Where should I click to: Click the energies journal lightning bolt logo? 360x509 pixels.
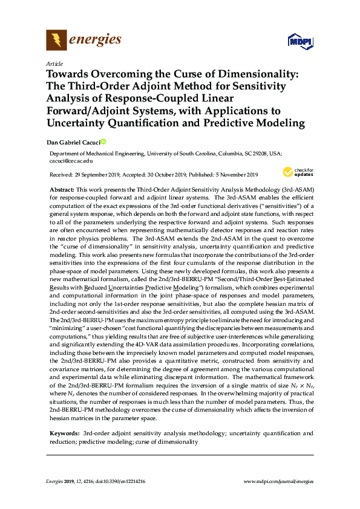[x=56, y=41]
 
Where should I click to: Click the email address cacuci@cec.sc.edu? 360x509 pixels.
[x=71, y=161]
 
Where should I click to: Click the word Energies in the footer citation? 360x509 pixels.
[x=56, y=481]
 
